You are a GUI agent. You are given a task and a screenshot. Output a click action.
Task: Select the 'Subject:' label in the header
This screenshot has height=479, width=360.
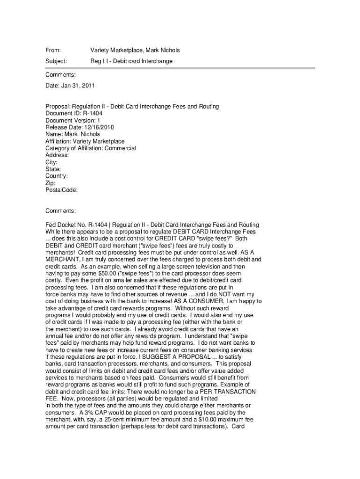[56, 61]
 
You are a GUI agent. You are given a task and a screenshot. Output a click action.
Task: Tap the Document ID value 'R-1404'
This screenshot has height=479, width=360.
[94, 113]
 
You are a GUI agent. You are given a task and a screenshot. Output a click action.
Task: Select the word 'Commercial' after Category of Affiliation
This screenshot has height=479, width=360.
[120, 148]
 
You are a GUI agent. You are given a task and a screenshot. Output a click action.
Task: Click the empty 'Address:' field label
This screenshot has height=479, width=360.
[57, 155]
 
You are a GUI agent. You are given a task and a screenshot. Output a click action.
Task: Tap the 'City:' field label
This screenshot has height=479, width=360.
[51, 162]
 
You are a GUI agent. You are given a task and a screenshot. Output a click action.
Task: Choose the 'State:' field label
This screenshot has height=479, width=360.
[53, 169]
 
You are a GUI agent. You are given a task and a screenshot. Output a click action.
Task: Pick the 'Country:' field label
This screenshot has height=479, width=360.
[57, 176]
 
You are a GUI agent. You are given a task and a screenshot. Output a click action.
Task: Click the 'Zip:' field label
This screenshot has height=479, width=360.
[50, 183]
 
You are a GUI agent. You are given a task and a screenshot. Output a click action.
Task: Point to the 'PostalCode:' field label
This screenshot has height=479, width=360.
[61, 190]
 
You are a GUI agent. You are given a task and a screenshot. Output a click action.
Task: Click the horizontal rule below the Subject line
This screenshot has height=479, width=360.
[180, 68]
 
